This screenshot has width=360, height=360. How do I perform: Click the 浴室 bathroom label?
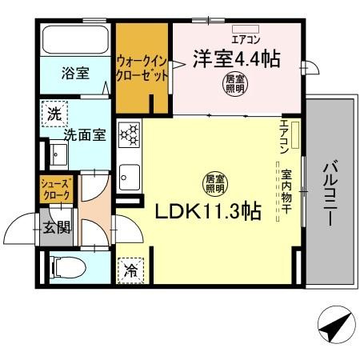pyautogui.click(x=75, y=73)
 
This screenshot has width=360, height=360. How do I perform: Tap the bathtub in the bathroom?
pyautogui.click(x=75, y=39)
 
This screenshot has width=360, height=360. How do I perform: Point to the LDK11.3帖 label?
pyautogui.click(x=207, y=211)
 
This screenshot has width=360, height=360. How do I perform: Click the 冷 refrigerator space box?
pyautogui.click(x=129, y=270)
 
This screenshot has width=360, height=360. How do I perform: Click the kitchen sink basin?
pyautogui.click(x=129, y=176)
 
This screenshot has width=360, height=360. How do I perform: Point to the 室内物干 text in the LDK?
pyautogui.click(x=286, y=193)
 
